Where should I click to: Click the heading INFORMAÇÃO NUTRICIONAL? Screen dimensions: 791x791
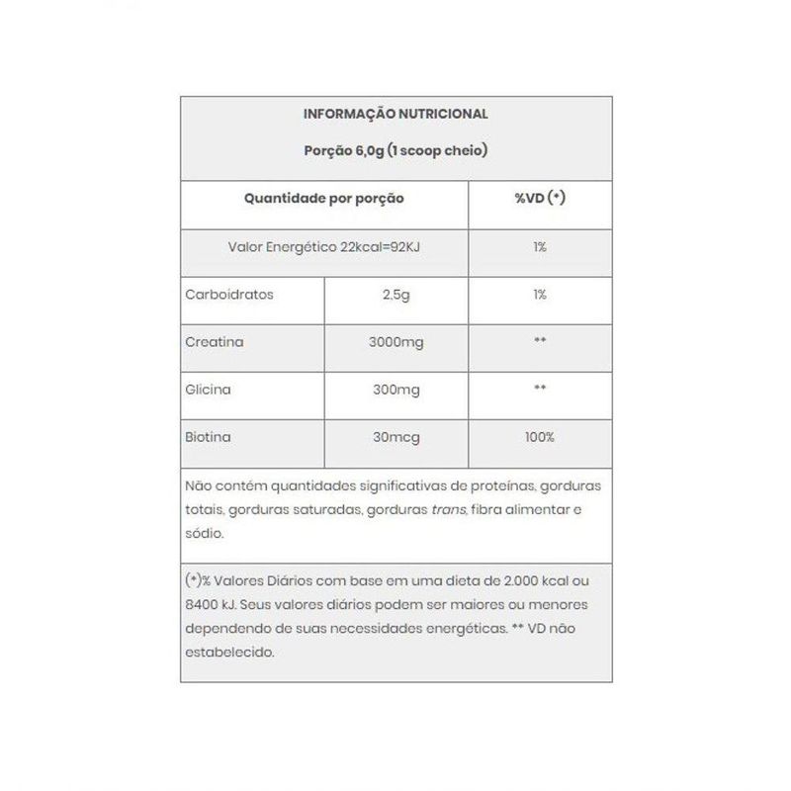tap(395, 115)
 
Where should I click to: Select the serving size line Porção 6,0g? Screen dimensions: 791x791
tap(395, 151)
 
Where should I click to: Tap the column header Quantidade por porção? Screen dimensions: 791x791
tap(324, 199)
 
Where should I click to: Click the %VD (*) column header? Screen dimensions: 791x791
tap(540, 199)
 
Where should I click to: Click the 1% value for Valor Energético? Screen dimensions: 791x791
tap(540, 247)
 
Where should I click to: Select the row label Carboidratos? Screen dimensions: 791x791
tap(215, 295)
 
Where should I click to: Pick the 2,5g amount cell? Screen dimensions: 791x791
tap(395, 295)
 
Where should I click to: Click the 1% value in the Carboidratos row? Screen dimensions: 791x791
tap(540, 295)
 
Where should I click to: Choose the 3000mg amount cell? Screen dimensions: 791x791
tap(395, 342)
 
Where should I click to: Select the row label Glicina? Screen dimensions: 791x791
tap(208, 390)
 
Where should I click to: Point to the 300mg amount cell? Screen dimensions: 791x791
tap(395, 390)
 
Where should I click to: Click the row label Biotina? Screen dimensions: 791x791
tap(207, 437)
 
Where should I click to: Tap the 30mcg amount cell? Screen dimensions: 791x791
tap(395, 437)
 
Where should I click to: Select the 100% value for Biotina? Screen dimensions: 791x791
tap(540, 437)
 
